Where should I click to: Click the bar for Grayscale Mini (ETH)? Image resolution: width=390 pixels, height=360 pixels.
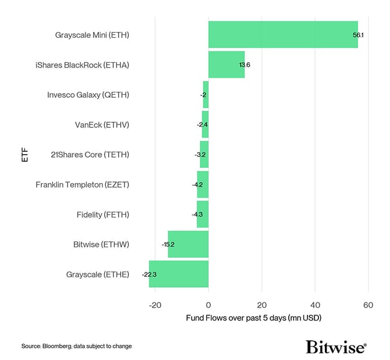point(283,34)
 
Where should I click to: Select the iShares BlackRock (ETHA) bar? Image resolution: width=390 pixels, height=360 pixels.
point(226,65)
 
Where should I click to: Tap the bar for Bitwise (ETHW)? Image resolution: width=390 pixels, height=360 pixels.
point(188,244)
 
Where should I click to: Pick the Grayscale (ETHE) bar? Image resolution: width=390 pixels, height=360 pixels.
point(178,274)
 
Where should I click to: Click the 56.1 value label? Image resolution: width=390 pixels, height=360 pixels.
point(358,35)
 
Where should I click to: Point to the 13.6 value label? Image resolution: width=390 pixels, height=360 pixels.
point(244,65)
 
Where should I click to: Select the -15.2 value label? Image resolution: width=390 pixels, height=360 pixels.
point(168,244)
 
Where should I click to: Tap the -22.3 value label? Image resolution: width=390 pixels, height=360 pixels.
point(149,274)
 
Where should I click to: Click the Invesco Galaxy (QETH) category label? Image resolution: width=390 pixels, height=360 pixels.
point(88,95)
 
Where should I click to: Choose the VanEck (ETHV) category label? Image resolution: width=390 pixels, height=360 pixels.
point(102,124)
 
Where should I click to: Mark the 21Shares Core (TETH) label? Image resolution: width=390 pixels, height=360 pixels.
point(90,155)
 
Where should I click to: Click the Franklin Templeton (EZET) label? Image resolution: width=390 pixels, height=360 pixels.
point(82,184)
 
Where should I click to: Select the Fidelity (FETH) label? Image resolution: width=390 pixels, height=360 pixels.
point(103,215)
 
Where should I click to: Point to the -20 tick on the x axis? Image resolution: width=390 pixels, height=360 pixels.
point(155,305)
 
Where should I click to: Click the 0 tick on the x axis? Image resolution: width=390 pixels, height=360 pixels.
point(209,305)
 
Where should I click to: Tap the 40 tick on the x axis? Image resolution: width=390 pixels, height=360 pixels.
point(314,305)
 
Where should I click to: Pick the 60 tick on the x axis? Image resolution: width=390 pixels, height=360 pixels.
point(368,305)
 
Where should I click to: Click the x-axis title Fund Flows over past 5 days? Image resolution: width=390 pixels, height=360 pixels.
point(253,319)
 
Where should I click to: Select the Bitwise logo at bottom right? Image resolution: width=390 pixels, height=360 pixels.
point(335,347)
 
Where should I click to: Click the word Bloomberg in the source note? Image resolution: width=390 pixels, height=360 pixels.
point(58,346)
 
